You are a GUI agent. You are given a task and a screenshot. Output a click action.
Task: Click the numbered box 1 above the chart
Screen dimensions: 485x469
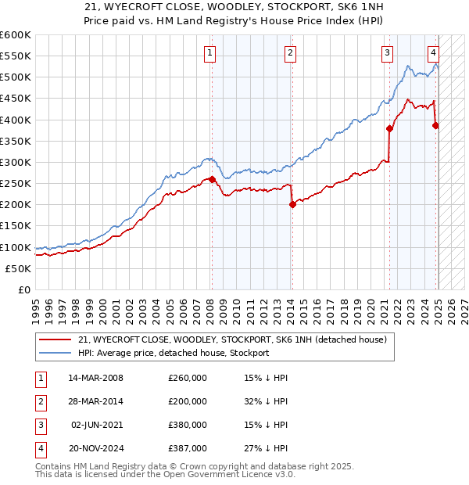coord(211,53)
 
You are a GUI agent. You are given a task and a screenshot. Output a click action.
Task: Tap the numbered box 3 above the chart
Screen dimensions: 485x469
coord(387,53)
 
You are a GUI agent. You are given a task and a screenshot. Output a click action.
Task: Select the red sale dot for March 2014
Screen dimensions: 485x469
coord(292,205)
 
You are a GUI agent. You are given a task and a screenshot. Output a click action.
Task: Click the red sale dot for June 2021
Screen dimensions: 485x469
coord(388,128)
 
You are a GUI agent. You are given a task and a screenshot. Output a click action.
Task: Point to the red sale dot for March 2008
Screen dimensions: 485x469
coord(212,179)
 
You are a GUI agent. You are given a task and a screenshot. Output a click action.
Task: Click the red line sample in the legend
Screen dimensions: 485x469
coord(55,339)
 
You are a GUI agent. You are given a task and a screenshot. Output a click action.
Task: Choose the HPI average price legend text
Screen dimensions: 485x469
coord(174,353)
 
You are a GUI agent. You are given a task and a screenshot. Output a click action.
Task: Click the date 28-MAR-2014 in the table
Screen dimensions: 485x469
coord(96,401)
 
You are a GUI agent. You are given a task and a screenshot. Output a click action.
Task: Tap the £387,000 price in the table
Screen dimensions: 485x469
coord(188,448)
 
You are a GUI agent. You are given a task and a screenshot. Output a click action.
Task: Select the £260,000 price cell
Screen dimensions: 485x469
coord(188,378)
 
